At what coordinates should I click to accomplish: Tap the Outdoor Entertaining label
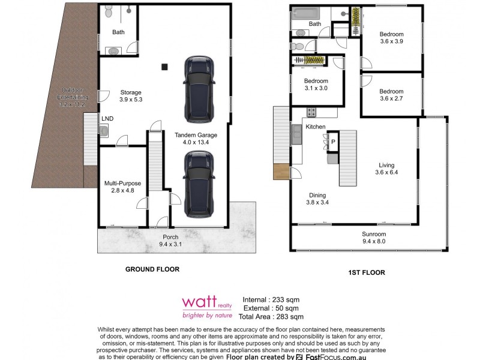(x=73, y=101)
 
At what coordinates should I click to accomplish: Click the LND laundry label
(x=108, y=119)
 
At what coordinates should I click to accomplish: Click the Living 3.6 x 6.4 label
(x=386, y=169)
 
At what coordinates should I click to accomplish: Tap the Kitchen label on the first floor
(x=315, y=127)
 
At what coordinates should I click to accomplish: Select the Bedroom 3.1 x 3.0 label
(x=316, y=85)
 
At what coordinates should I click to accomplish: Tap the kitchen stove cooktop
(x=311, y=112)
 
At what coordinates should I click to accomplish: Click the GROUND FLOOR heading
(x=152, y=270)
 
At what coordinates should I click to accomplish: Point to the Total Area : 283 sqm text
(x=271, y=317)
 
